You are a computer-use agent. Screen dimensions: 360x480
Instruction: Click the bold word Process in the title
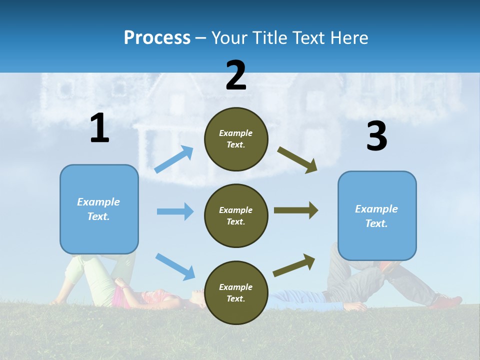click(157, 37)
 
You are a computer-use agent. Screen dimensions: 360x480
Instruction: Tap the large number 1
click(99, 128)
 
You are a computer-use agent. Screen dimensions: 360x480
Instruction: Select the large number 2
click(236, 75)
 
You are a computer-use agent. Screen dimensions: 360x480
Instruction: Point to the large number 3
click(376, 136)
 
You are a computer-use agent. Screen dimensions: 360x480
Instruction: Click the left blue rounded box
click(99, 209)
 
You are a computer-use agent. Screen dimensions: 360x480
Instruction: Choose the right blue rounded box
click(377, 216)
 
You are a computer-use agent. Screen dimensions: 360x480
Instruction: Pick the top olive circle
click(236, 139)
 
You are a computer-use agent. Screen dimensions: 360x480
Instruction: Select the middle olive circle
click(236, 215)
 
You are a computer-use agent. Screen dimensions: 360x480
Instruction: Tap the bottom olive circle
click(236, 292)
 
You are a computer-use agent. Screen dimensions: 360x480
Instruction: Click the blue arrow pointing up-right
click(174, 159)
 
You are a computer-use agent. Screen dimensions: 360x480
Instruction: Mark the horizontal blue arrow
click(175, 211)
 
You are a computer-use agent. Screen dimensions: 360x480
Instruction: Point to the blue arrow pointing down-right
click(175, 266)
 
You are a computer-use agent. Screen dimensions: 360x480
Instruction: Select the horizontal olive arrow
click(296, 210)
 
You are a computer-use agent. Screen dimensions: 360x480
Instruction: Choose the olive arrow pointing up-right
click(294, 265)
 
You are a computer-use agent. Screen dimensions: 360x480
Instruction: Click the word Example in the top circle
click(236, 133)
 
